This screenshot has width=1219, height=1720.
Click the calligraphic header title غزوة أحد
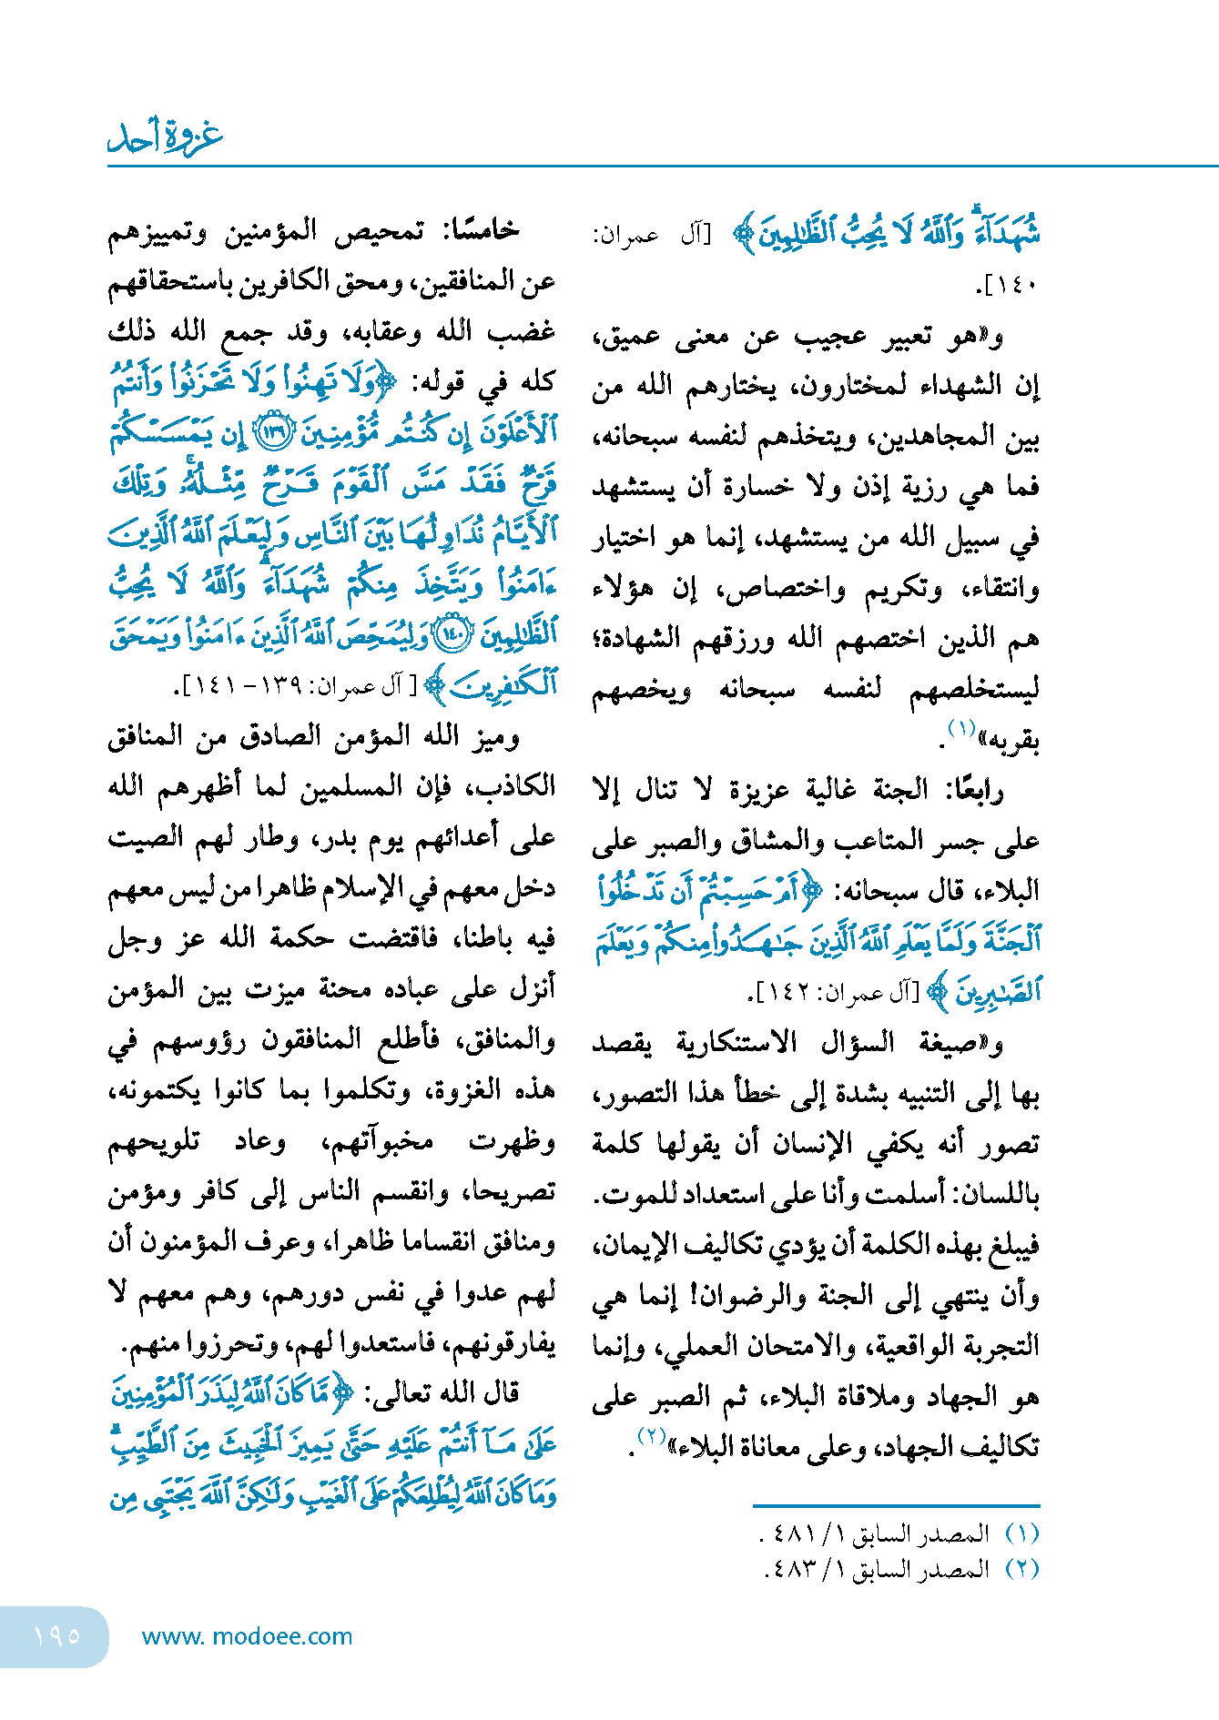[x=166, y=136]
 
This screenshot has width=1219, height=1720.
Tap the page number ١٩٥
[x=56, y=1636]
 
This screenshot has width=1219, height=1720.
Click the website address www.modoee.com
[x=247, y=1636]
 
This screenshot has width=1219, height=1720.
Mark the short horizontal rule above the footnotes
[x=896, y=1506]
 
